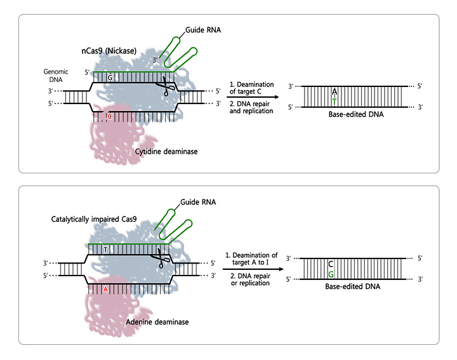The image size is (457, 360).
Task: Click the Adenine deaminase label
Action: [159, 322]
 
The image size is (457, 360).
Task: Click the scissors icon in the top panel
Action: [167, 87]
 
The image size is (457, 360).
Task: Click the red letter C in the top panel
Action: [110, 117]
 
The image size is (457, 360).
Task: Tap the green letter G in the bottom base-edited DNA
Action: [331, 274]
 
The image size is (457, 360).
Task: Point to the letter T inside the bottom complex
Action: [106, 250]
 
